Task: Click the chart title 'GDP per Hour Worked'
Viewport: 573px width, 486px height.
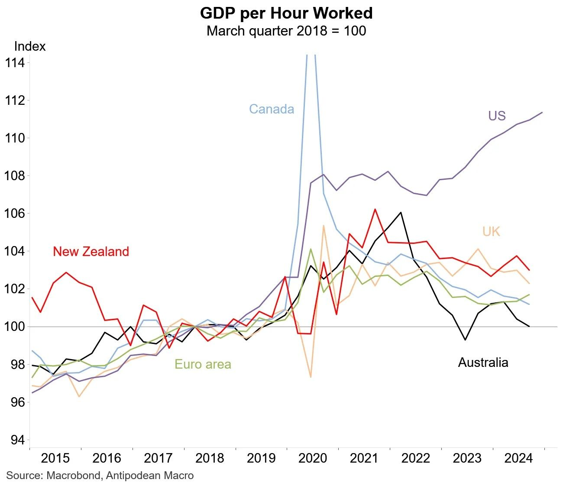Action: coord(286,13)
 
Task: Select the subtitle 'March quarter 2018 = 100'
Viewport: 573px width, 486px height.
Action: coord(286,31)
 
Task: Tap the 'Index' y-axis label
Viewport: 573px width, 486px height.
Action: coord(30,46)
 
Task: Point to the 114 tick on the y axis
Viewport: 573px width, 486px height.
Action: coord(15,63)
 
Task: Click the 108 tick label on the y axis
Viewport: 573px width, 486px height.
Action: coord(15,176)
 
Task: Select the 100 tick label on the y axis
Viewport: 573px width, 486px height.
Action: coord(15,327)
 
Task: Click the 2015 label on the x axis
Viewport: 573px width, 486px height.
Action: coord(55,458)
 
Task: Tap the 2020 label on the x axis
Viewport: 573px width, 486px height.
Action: coord(313,458)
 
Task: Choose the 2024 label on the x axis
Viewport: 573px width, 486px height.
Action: coord(518,458)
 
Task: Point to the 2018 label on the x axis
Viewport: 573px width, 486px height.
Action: coord(210,458)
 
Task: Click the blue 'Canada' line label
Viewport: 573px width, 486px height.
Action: coord(272,109)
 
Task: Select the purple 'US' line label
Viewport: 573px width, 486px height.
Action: coord(497,116)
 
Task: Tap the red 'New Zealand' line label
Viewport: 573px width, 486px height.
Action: coord(91,252)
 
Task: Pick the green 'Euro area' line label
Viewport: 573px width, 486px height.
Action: coord(203,364)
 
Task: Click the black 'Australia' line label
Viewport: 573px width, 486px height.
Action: coord(483,363)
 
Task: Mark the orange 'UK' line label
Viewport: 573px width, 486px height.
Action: coord(491,232)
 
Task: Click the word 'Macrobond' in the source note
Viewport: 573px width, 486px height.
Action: coord(73,476)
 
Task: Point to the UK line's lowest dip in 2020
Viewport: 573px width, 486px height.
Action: coord(311,377)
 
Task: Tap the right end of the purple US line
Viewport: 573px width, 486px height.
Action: coord(542,112)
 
